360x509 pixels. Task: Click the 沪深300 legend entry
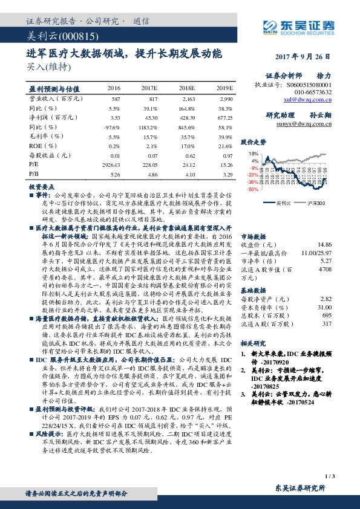tap(315, 203)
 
